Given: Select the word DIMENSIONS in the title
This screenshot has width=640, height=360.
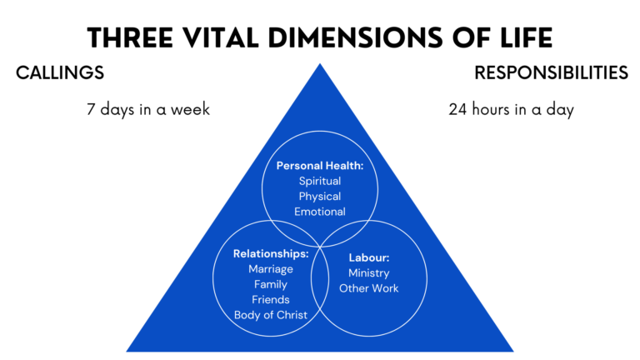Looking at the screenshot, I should [352, 38].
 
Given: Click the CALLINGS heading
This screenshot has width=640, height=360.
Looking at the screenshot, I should [60, 73].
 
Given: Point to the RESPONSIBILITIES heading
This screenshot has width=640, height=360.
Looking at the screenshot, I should [551, 73].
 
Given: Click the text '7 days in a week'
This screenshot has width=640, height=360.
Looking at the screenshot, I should [147, 110].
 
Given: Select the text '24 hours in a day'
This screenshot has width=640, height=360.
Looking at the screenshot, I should [511, 110].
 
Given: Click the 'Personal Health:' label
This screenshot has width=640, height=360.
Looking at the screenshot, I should [320, 166].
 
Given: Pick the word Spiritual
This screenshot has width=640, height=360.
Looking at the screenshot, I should [320, 181].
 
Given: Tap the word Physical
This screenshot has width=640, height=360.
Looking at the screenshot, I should [320, 197].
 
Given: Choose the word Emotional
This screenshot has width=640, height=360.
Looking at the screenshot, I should [320, 212].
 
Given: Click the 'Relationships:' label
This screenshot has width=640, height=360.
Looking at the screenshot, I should [271, 253].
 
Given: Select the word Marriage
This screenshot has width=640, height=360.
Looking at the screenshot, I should [271, 268].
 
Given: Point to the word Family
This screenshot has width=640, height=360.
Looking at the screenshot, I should [271, 284].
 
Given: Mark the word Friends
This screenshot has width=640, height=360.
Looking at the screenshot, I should [271, 299].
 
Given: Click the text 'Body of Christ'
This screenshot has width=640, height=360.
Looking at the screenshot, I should [271, 314].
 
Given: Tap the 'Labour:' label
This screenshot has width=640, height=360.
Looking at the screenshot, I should [368, 258].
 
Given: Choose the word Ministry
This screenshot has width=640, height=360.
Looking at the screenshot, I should [368, 273].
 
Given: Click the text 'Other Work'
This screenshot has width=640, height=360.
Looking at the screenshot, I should [368, 288].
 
